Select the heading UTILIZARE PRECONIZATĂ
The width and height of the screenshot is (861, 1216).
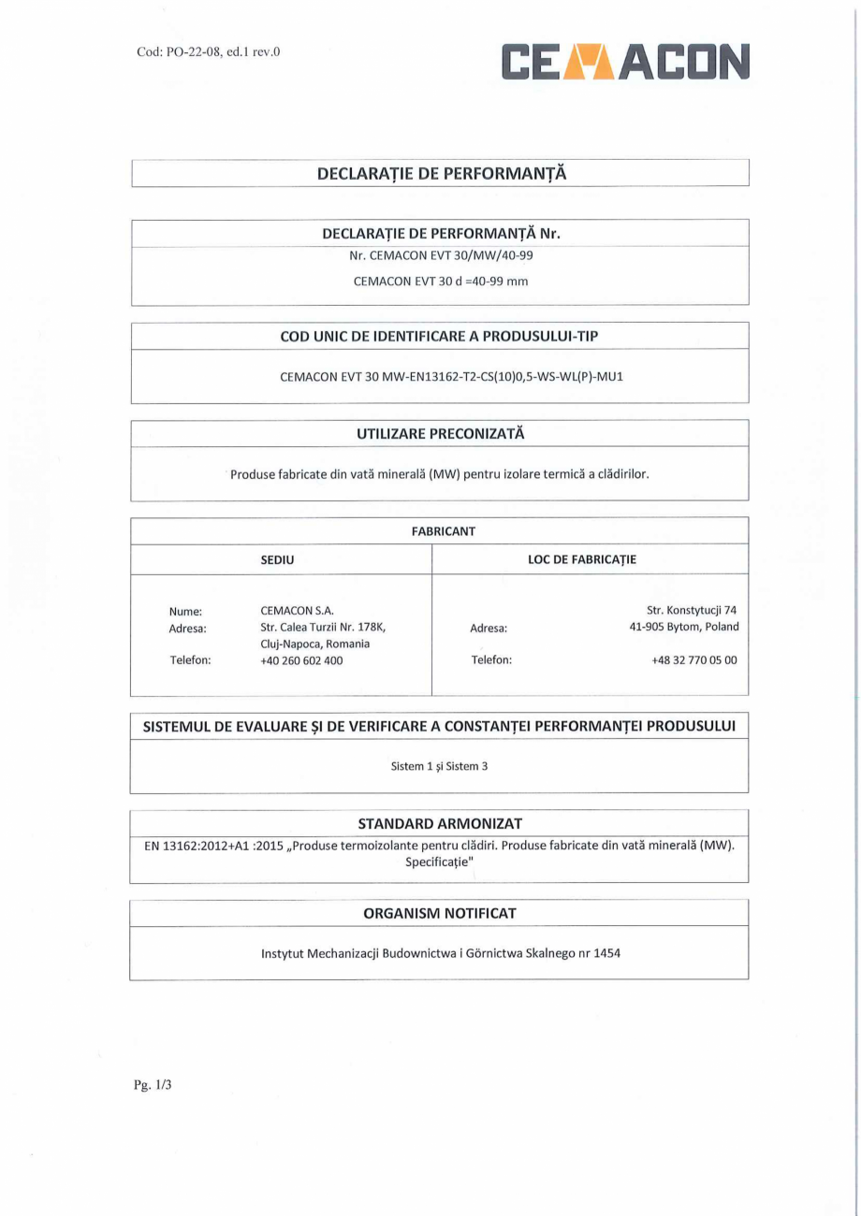tap(440, 434)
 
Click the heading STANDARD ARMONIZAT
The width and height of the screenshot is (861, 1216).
tap(440, 823)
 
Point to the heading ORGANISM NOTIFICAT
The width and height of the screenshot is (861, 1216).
tap(440, 913)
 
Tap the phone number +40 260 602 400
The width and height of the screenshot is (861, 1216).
tap(301, 660)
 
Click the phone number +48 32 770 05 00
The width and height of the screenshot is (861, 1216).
tap(693, 660)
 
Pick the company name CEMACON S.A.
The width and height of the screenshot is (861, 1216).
tap(291, 611)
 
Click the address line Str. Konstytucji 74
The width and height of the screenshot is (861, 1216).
tap(692, 611)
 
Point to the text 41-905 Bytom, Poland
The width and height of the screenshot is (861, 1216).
tap(683, 628)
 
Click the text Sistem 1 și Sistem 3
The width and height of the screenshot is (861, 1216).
tap(439, 766)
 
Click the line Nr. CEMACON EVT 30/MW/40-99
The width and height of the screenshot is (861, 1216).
tap(440, 255)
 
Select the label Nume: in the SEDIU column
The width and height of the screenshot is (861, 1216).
tap(185, 611)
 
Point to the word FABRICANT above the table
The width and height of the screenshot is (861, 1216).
tap(439, 531)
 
